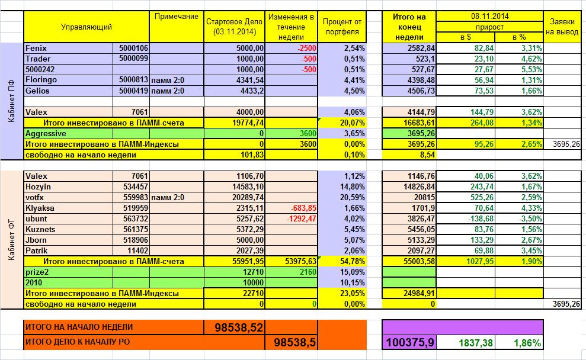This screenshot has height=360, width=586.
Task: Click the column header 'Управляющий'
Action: pyautogui.click(x=86, y=27)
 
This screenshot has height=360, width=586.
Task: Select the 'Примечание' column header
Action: pyautogui.click(x=176, y=16)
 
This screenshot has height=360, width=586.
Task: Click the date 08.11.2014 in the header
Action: pyautogui.click(x=489, y=16)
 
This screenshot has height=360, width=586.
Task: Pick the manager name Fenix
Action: pyautogui.click(x=36, y=48)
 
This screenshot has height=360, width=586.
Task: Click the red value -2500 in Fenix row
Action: pyautogui.click(x=307, y=48)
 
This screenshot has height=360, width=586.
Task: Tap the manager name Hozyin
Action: pyautogui.click(x=39, y=187)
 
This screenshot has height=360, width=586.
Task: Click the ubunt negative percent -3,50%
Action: pyautogui.click(x=527, y=218)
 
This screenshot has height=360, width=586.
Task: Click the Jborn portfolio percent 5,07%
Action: pyautogui.click(x=354, y=240)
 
